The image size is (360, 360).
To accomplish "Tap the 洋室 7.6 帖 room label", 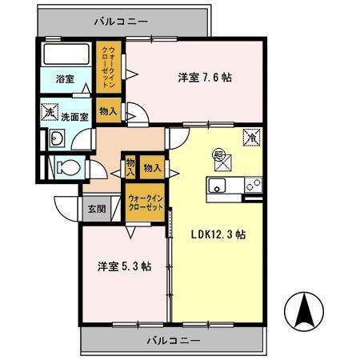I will click(x=205, y=78).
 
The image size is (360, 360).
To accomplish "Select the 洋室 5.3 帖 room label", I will click(x=124, y=266).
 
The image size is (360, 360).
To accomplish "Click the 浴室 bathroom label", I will click(x=65, y=79).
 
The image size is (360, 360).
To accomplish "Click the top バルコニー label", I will click(x=121, y=22).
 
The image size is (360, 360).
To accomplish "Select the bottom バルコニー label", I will click(x=173, y=340).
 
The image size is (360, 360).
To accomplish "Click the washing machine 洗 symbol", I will click(x=50, y=114).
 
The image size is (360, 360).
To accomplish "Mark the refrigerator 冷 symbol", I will click(x=251, y=137).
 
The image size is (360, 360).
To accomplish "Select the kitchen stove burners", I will click(x=253, y=186).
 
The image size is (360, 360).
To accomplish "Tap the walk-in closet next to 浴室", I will click(x=108, y=69).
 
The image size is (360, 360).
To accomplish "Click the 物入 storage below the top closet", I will click(x=108, y=110).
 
